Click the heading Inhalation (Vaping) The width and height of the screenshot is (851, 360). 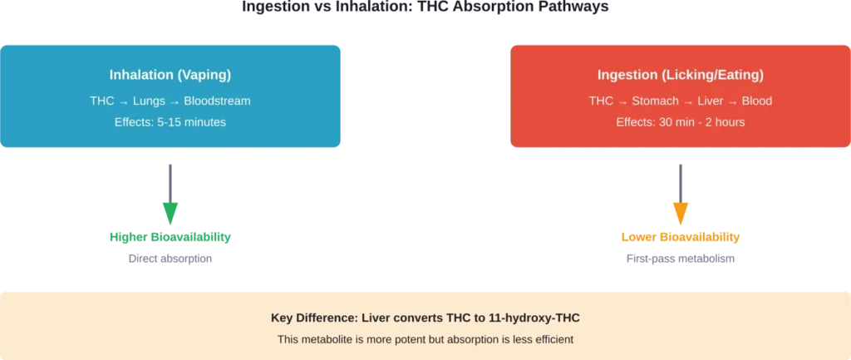[170, 75]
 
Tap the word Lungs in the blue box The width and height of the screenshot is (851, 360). [154, 101]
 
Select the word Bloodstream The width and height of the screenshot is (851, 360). [218, 101]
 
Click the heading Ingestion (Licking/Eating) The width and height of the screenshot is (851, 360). [680, 75]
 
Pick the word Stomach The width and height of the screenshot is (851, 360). [657, 101]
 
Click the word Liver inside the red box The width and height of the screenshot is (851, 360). [710, 101]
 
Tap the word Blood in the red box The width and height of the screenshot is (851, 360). [757, 101]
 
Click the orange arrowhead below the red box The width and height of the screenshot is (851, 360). [681, 213]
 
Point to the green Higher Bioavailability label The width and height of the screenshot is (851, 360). [170, 239]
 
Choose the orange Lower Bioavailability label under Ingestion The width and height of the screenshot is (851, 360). [681, 239]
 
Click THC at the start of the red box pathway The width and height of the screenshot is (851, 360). [601, 101]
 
